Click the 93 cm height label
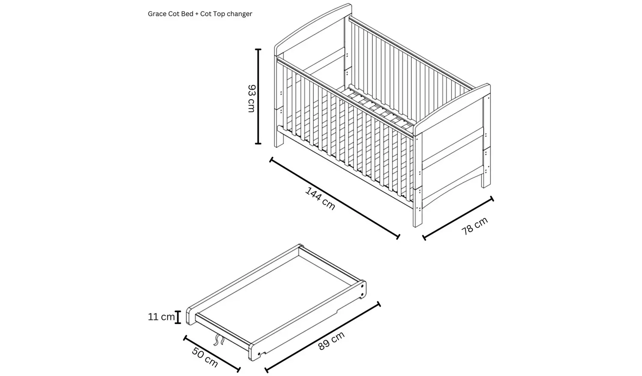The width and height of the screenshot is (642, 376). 251,98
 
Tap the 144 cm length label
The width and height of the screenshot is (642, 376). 320,199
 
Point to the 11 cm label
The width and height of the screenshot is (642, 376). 161,317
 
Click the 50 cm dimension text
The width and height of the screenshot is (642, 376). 205,358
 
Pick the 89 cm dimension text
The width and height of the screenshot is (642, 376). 332,341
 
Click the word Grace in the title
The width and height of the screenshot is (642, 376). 157,14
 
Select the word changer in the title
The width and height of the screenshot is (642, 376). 240,14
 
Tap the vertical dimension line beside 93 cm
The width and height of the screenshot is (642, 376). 258,97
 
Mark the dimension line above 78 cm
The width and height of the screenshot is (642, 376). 458,217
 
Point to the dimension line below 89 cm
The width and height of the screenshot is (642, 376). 323,338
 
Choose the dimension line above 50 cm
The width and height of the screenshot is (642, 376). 211,353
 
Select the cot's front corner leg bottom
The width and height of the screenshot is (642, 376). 417,222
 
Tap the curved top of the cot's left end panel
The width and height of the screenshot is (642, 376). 312,23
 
